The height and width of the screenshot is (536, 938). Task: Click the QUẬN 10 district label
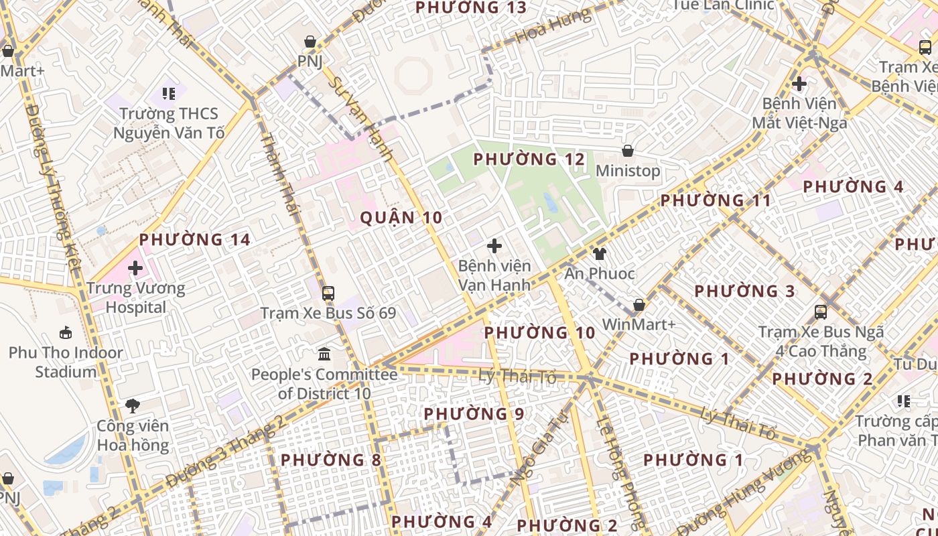[x=401, y=217]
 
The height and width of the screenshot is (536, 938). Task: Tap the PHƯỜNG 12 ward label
[x=529, y=159]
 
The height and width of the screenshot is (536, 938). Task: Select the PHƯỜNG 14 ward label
[x=195, y=239]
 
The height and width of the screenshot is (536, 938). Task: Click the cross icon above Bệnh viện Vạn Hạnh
[x=494, y=246]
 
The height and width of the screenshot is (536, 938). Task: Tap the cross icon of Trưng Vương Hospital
[x=135, y=269]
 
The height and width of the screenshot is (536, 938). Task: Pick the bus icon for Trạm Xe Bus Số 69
[x=328, y=293]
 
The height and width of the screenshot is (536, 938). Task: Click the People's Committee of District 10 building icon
[x=324, y=354]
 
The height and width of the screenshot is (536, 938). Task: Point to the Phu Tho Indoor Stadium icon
[x=66, y=332]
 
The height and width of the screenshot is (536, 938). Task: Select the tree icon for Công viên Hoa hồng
[x=133, y=405]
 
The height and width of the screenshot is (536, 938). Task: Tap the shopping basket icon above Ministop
[x=628, y=151]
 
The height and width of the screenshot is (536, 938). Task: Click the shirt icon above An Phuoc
[x=599, y=253]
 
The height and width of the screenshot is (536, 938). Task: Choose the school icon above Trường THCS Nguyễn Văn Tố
[x=169, y=94]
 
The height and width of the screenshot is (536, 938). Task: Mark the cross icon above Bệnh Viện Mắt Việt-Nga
[x=799, y=84]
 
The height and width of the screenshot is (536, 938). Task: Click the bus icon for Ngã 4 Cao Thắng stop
[x=821, y=312]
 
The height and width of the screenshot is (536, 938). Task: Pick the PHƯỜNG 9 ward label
[x=474, y=414]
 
